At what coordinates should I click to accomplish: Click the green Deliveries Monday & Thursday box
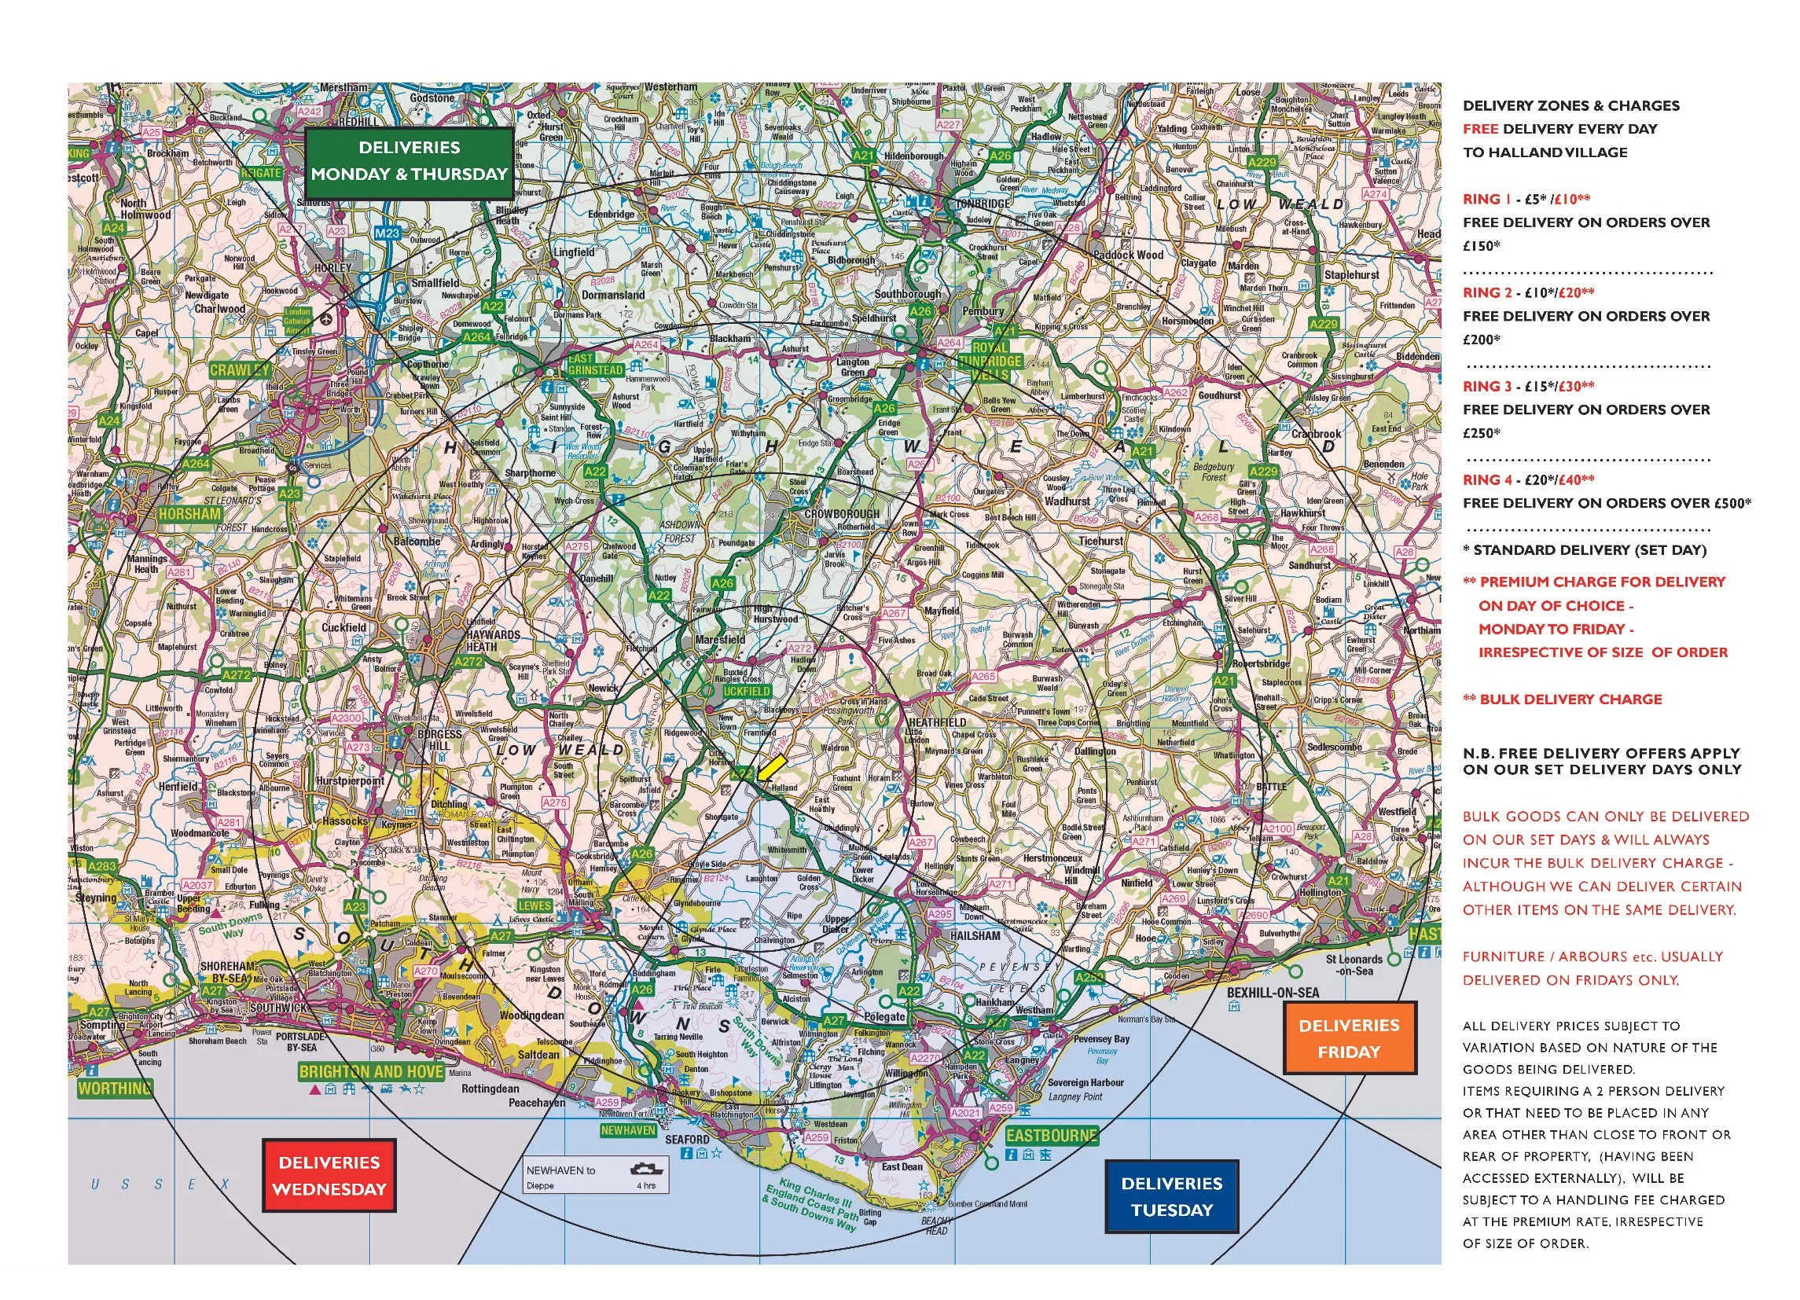409,161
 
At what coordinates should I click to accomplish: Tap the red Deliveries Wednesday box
329,1175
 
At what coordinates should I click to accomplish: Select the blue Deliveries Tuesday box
1171,1196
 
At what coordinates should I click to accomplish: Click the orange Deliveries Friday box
1348,1038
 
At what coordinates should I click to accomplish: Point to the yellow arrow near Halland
770,766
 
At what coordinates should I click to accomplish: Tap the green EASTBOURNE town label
1051,1135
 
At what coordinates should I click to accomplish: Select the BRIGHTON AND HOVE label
371,1071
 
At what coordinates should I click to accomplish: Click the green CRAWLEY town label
240,370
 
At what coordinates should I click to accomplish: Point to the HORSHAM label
189,513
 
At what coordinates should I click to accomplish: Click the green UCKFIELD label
746,692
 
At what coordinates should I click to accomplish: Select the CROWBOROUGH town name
841,513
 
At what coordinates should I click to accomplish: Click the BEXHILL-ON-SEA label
1273,993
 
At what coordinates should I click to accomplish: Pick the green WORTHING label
114,1088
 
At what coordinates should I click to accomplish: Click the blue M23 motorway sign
388,233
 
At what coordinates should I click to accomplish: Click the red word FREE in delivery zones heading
1480,129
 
